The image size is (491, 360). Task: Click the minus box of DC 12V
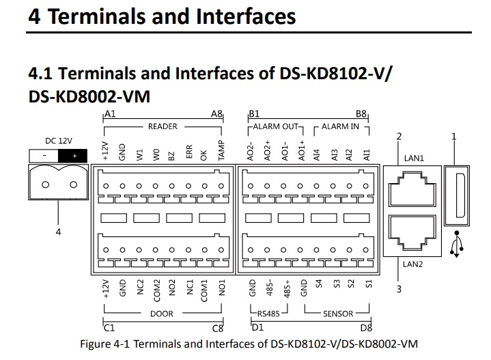click(x=44, y=156)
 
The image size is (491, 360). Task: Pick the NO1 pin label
click(x=222, y=291)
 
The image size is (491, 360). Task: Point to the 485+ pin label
click(x=286, y=290)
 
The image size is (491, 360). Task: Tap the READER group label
click(x=163, y=126)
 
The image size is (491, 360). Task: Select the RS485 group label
click(x=272, y=314)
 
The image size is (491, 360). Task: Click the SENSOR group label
click(x=339, y=314)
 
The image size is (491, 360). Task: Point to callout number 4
click(x=58, y=232)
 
